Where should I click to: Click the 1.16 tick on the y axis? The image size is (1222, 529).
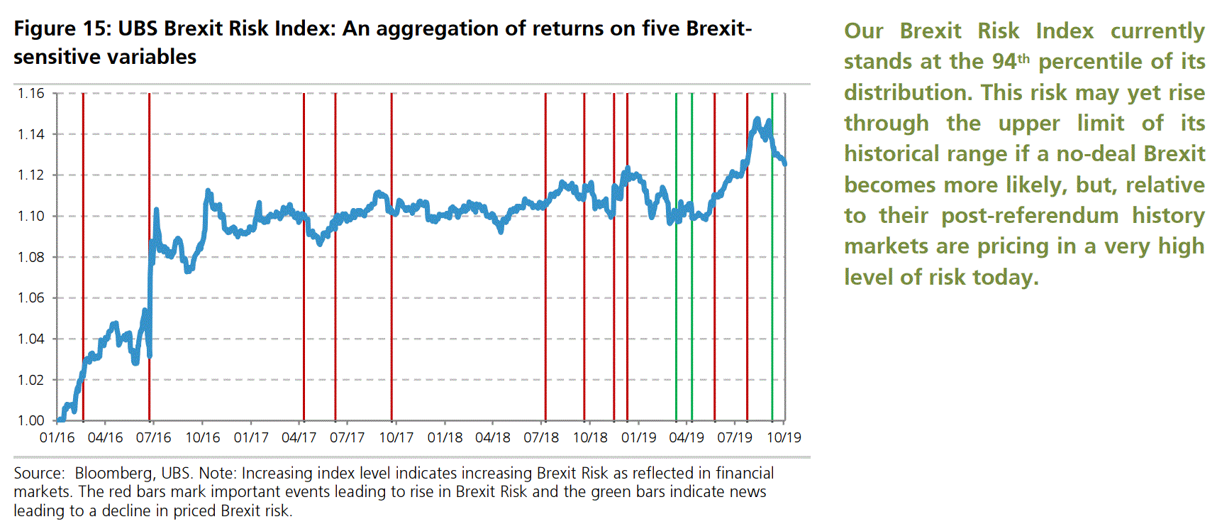point(30,93)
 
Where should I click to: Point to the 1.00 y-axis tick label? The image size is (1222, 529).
point(30,420)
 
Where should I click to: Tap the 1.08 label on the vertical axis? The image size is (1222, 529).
point(30,257)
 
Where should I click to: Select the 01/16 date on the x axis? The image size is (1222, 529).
point(57,437)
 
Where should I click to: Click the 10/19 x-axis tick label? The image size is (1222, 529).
point(784,437)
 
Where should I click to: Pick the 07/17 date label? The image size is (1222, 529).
point(347,437)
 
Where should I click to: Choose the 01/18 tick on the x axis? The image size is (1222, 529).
point(445,437)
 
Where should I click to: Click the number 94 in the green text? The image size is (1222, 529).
point(1004,62)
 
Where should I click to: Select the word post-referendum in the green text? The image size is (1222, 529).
point(1030,216)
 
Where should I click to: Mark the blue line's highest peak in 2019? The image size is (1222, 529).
point(757,119)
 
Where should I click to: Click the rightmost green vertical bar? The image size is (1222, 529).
point(772,256)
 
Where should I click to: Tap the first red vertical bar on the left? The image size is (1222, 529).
point(83,256)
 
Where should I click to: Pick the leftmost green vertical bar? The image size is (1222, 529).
point(676,256)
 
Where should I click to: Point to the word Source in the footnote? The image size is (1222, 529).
point(38,473)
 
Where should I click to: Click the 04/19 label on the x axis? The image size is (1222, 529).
point(687,437)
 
